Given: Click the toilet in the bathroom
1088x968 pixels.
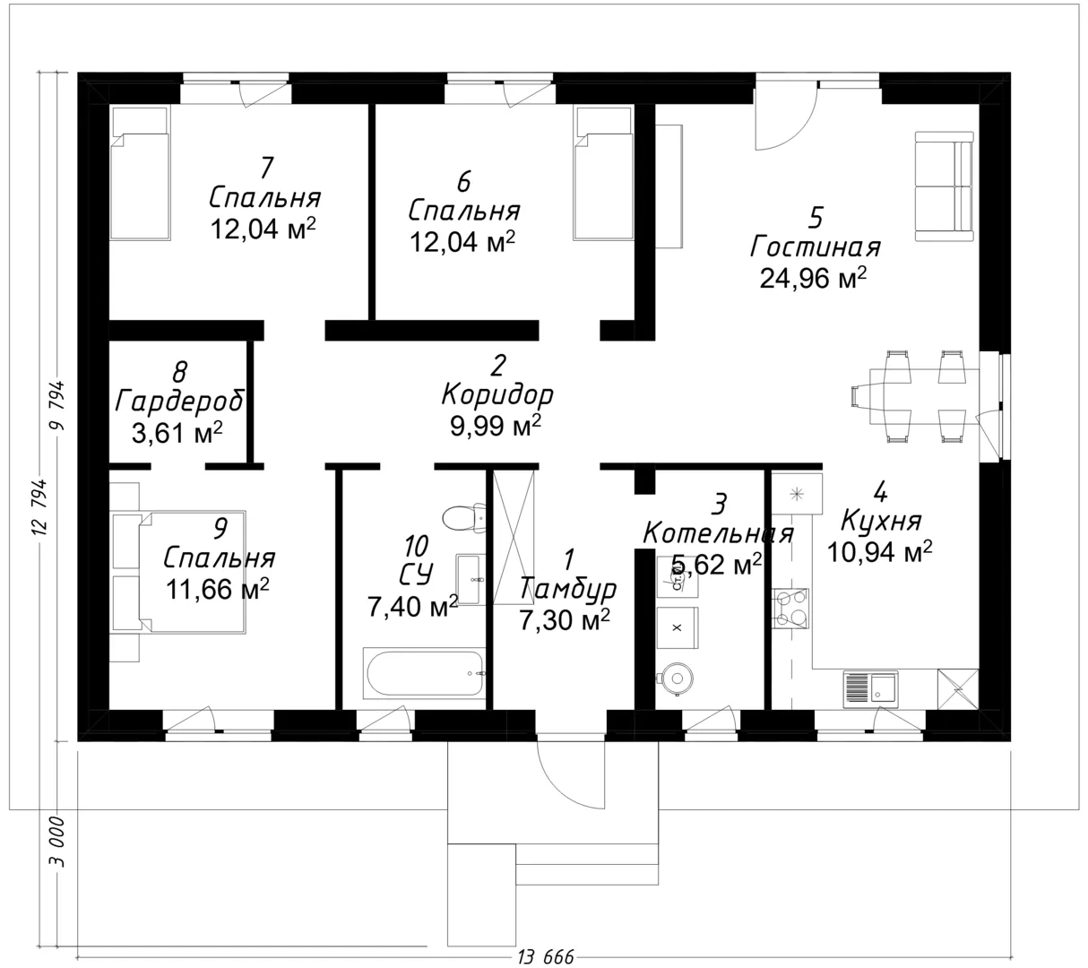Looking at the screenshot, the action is coord(464,518).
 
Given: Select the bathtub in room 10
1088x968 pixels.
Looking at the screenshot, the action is coord(424,673).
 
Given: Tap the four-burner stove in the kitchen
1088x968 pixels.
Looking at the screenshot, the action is coord(790,609).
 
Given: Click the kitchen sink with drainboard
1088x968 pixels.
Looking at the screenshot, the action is coord(870,688).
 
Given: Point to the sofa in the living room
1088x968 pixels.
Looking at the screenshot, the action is coord(944,186).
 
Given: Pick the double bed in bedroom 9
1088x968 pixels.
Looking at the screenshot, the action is coord(178,572).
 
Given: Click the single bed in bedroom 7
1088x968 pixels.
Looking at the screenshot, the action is coord(140,173).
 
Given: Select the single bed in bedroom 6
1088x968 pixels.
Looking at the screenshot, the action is coord(603,173).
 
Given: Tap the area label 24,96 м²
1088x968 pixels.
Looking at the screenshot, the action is coord(813,278).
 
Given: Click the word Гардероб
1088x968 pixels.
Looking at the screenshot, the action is coord(180,401).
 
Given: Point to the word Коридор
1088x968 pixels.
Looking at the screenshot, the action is coord(497,395).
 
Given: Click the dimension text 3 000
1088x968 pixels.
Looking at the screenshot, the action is coord(57,842).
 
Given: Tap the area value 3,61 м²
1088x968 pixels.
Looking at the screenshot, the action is coord(177,433).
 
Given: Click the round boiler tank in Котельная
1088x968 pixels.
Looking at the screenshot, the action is coord(676,678).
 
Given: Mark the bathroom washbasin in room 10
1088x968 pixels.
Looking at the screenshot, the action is coord(470,580).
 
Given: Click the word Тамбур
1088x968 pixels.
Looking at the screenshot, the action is coord(567,589).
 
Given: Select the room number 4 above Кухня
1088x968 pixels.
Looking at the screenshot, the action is coord(879,492).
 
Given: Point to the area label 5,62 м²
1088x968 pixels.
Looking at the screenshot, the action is coord(716,565).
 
